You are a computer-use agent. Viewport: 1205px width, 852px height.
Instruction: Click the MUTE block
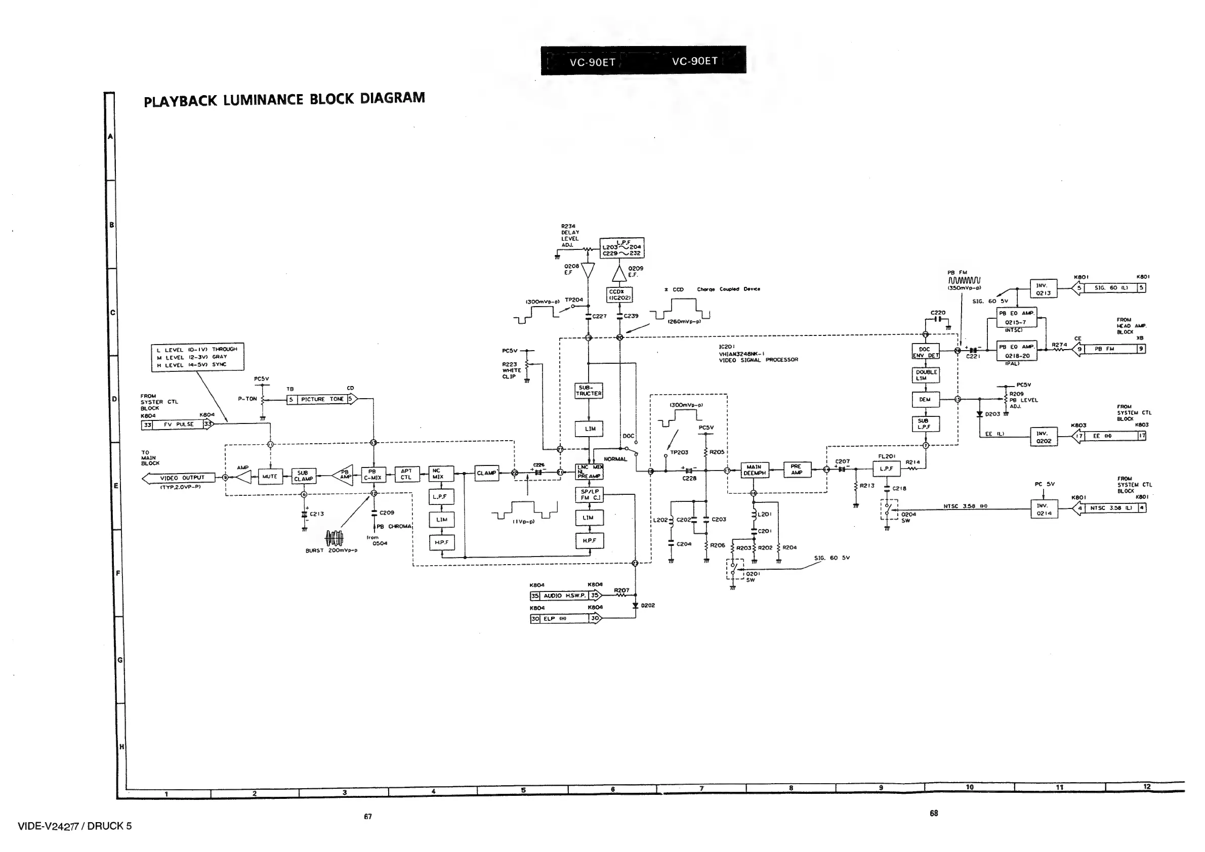pos(270,477)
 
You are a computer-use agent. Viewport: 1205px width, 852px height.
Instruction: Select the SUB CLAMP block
pos(303,476)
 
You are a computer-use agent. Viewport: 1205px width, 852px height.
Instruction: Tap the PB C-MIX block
pos(373,475)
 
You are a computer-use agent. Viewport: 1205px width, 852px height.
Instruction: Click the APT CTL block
pos(406,474)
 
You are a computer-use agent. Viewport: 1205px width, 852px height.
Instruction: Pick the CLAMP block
pos(486,473)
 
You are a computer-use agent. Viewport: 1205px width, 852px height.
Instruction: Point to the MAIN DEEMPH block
pos(754,470)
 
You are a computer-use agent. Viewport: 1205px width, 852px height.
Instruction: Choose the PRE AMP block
pos(797,470)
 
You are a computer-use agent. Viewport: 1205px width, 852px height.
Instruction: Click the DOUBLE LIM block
pos(926,375)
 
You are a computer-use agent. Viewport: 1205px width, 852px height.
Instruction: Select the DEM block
pos(925,400)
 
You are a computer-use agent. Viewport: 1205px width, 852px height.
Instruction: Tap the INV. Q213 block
pos(1044,289)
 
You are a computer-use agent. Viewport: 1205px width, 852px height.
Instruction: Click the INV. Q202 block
pos(1044,437)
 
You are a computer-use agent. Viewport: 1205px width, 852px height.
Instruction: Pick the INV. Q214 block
pos(1044,509)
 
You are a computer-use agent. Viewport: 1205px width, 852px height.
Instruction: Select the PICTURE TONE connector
pos(322,399)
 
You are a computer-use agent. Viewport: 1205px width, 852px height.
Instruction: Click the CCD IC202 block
pos(619,295)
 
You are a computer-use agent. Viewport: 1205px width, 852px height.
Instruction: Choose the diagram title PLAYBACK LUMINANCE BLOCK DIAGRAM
pos(284,100)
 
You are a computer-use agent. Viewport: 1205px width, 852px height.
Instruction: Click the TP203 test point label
pos(679,452)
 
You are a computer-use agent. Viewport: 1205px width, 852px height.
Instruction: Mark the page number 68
pos(934,813)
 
